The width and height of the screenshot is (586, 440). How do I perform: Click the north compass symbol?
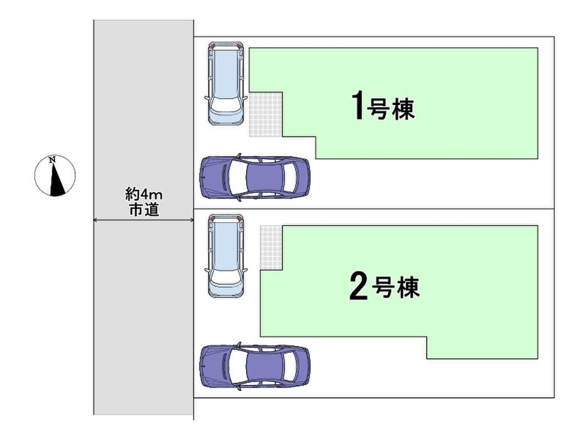click(55, 176)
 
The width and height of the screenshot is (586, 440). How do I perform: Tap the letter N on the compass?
click(52, 161)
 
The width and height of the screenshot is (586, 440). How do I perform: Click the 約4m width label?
click(144, 194)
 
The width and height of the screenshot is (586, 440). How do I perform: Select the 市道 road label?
click(144, 210)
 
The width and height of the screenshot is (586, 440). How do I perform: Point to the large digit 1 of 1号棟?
click(358, 107)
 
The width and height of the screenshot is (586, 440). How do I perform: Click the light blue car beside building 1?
click(225, 84)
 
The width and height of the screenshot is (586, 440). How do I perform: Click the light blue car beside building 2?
click(225, 256)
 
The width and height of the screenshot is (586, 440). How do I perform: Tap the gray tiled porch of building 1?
click(266, 114)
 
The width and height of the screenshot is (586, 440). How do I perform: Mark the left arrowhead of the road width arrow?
click(96, 220)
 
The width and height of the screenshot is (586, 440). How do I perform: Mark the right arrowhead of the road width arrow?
click(192, 220)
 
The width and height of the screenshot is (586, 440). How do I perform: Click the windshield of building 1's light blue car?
click(225, 105)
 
